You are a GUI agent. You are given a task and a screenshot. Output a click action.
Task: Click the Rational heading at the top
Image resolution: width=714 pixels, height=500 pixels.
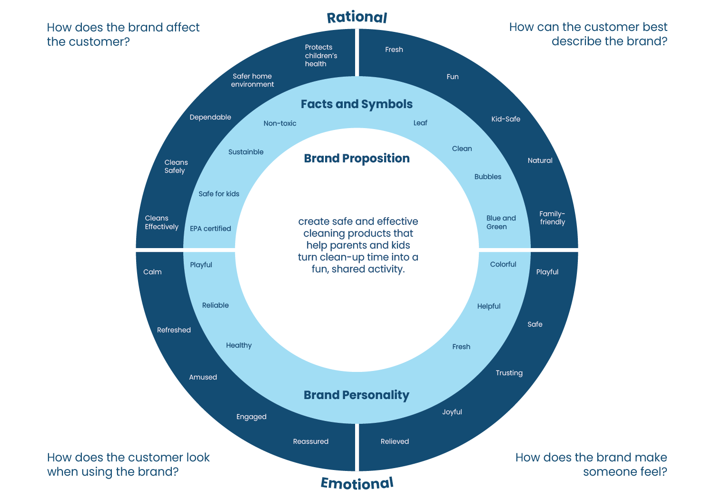coord(357,18)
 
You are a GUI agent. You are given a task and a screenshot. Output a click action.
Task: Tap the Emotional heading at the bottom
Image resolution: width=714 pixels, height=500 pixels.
coord(357,483)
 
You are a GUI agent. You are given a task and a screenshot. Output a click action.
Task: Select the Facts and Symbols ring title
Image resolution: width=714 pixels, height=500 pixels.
coord(357,104)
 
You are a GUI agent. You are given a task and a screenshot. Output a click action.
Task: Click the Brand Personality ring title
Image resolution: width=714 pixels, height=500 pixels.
coord(357,395)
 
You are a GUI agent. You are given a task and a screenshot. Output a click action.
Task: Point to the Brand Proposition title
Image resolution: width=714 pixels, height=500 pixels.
coord(357,159)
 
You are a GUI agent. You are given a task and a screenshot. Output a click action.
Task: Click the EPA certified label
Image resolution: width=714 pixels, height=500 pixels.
coord(210,229)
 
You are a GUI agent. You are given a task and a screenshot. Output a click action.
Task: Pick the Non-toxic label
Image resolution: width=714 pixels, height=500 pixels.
coord(280,123)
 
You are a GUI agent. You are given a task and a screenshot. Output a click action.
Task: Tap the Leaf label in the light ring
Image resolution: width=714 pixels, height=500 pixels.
coord(420,123)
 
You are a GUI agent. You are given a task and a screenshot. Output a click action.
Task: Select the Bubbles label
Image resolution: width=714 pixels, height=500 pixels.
coord(488,177)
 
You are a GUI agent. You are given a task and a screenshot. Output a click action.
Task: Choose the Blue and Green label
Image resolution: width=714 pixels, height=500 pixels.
coord(501,222)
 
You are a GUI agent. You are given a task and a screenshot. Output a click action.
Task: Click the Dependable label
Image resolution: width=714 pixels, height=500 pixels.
coord(210,117)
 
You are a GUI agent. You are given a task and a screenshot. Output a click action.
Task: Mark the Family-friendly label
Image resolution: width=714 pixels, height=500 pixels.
coord(552,218)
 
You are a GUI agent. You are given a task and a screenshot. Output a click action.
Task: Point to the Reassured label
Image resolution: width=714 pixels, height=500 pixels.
coord(311,441)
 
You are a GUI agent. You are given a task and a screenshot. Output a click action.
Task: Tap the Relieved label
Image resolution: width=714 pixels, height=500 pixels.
coord(395,441)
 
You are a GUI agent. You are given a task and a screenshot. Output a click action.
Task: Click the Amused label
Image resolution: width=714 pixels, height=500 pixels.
coord(203,377)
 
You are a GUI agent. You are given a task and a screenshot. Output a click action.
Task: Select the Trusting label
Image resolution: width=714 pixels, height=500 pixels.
coord(509,373)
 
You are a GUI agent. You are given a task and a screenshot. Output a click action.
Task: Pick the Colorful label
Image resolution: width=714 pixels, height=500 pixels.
coord(503,264)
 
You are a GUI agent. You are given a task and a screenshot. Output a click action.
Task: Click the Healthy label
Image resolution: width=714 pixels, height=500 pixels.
coord(239,345)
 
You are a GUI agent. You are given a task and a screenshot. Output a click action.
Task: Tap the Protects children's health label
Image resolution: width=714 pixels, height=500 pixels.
coord(321,55)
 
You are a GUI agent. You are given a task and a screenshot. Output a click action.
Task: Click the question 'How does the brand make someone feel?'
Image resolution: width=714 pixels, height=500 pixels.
coord(591,464)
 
